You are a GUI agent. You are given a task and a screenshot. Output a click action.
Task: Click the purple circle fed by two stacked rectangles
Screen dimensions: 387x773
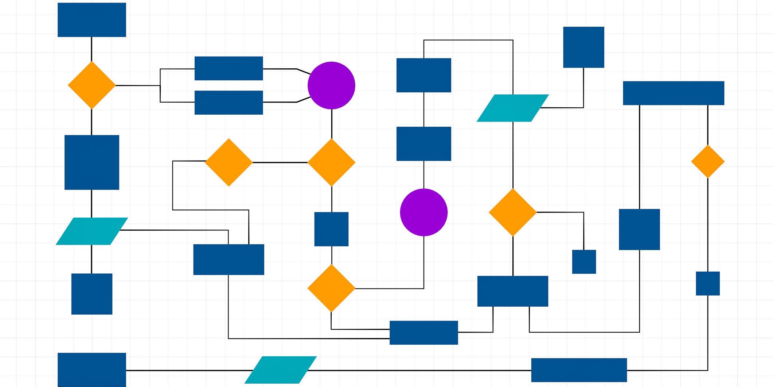[x=331, y=85]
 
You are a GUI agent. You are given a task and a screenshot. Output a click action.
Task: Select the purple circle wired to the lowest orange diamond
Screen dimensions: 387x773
[x=423, y=212]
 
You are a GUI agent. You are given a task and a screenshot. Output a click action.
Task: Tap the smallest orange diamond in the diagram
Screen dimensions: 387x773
[x=708, y=161]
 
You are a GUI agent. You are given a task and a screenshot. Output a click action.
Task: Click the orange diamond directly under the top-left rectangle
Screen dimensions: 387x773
[x=92, y=85]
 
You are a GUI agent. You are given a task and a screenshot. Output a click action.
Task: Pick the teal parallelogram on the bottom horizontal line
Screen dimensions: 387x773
[x=281, y=370]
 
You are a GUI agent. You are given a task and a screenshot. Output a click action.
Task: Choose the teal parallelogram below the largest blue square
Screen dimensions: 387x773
[x=92, y=231]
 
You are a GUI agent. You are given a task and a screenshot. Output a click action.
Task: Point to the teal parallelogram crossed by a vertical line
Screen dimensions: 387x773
[x=513, y=108]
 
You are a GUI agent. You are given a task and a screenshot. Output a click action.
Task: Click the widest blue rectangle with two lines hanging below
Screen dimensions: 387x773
[x=674, y=93]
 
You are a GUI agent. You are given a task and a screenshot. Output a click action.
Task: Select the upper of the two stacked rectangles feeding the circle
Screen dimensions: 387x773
[x=229, y=68]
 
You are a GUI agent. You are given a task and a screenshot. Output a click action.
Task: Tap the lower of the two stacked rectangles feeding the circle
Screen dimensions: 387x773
[x=229, y=103]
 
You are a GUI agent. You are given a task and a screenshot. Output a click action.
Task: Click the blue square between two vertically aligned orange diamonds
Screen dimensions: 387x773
[x=331, y=229]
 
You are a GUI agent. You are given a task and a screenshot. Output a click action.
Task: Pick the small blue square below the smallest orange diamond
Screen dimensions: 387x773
[x=708, y=283]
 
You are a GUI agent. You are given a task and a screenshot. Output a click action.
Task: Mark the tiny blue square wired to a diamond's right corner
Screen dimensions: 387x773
[x=584, y=262]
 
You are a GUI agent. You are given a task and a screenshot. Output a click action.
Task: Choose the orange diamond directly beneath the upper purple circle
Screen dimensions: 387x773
[x=331, y=162]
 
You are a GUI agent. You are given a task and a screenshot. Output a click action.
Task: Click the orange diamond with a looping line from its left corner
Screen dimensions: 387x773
[x=229, y=162]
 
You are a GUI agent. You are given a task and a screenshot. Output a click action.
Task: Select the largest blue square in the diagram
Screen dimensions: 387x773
[x=92, y=162]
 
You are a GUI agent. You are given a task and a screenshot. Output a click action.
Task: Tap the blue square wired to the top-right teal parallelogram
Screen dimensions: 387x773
[x=583, y=47]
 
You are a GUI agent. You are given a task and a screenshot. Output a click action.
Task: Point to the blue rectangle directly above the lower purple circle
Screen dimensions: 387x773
[x=423, y=144]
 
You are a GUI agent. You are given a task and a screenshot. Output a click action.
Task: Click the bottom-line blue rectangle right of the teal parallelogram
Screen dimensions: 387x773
[x=579, y=370]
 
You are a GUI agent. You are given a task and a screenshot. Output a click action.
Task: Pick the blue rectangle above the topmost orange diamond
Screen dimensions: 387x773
[x=92, y=20]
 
